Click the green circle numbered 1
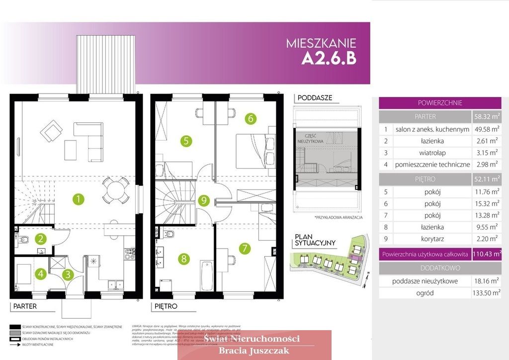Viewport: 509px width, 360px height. (x=78, y=200)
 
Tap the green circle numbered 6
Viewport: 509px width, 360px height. (x=251, y=118)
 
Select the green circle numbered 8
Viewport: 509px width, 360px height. (x=184, y=259)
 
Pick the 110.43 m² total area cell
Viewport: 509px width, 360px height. (x=487, y=254)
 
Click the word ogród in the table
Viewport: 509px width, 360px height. (x=425, y=293)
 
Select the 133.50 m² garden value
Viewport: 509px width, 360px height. (x=487, y=293)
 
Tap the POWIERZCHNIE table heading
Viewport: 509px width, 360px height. (x=439, y=103)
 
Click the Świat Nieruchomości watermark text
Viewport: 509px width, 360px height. (x=253, y=339)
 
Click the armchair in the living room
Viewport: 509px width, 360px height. (x=52, y=132)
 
